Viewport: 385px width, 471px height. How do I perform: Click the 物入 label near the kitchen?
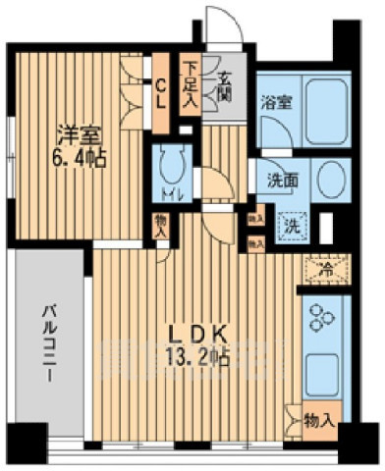321,420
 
